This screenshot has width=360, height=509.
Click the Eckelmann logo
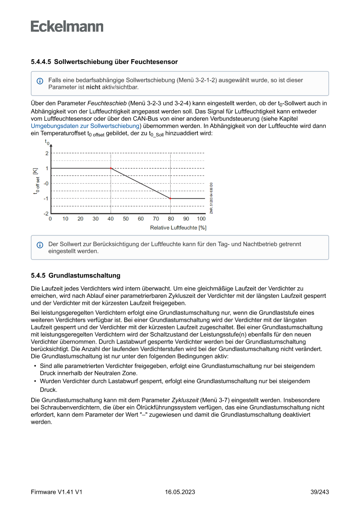point(67,27)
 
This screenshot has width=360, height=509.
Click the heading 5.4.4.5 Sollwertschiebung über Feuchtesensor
point(104,62)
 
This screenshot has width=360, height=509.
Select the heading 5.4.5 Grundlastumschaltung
point(75,276)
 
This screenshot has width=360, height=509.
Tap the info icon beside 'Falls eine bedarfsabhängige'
point(40,81)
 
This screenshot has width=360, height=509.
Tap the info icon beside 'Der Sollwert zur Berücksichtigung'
point(40,245)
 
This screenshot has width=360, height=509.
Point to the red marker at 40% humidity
point(111,168)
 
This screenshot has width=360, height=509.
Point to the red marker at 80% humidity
point(170,198)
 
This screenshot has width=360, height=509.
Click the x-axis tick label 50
point(126,219)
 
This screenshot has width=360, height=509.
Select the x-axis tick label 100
point(201,219)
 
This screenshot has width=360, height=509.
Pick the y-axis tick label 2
point(47,153)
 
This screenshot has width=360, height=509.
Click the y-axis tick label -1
point(46,199)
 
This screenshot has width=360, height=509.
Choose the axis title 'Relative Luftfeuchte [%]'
point(178,228)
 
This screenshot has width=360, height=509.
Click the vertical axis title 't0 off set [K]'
point(37,183)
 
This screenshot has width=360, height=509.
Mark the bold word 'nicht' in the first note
point(93,87)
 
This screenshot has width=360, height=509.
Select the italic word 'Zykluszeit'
point(185,399)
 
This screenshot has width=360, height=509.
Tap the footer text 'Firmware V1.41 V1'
point(57,492)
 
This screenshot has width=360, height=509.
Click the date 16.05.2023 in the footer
point(180,492)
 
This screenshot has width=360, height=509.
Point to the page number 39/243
point(319,492)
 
